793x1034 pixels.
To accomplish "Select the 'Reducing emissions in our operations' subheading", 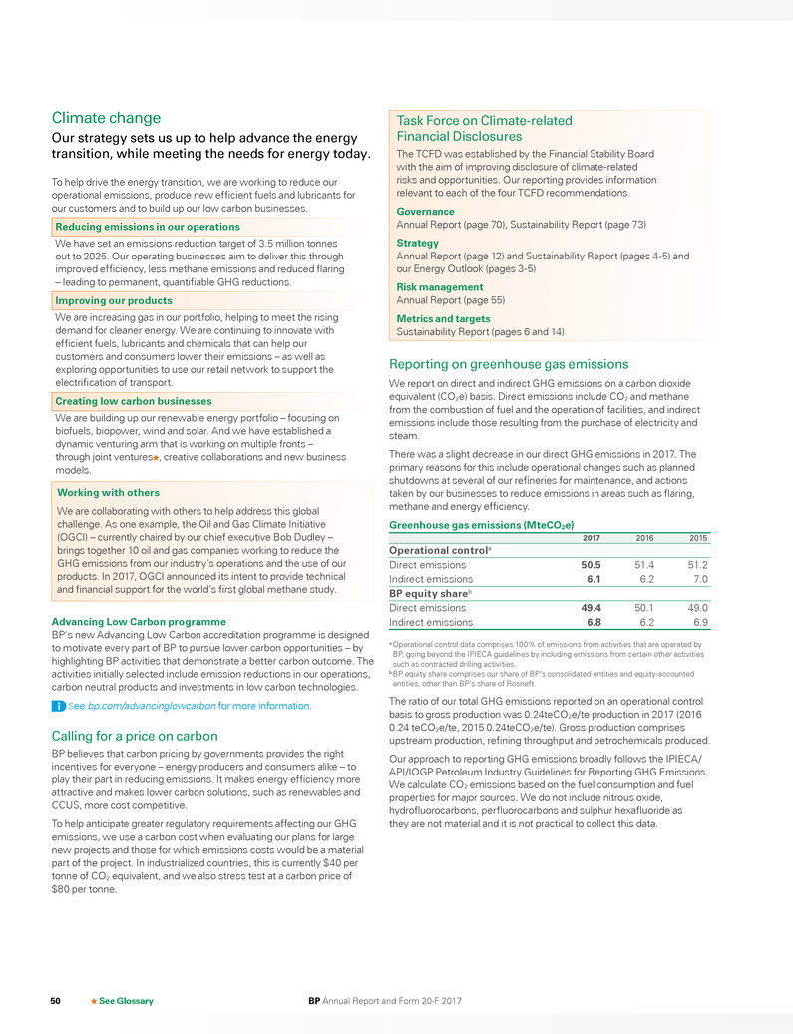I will pos(148,227).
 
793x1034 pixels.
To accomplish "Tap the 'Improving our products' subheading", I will pos(114,300).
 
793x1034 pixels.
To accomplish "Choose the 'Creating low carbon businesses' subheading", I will pos(135,401).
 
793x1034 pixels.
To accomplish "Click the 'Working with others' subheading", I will pos(108,493).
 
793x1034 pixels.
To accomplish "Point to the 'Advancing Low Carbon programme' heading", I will pos(139,621).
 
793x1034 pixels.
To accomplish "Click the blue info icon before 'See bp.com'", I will pos(58,706).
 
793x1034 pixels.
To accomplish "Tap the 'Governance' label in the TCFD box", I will pos(425,212).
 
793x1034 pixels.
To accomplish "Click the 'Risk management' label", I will pos(440,287).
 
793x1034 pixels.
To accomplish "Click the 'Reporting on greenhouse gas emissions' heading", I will pos(508,364).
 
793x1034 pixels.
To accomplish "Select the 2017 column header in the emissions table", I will pos(591,538).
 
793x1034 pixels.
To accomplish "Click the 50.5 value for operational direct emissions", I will pos(591,565).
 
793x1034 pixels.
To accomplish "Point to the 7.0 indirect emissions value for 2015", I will pos(697,579).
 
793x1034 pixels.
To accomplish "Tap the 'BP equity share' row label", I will pos(428,593).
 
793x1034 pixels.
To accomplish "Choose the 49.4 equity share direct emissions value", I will pos(591,607).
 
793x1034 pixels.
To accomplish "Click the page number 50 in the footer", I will pos(58,1000).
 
